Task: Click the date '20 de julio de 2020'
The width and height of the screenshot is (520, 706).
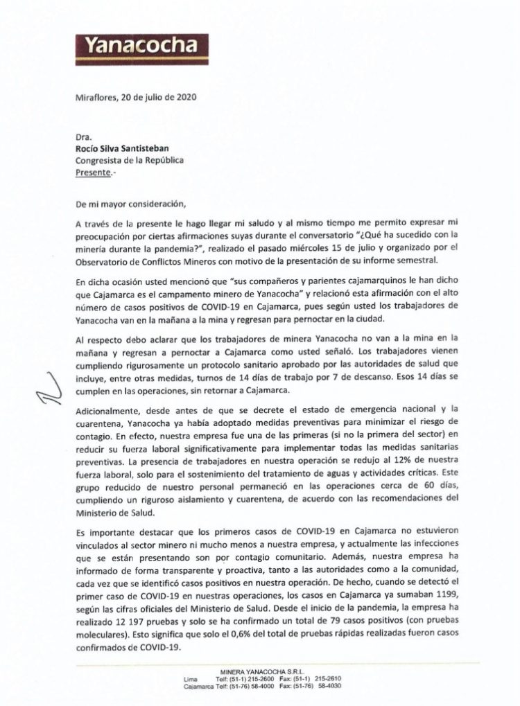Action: click(x=160, y=97)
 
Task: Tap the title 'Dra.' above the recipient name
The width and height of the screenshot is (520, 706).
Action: click(x=83, y=137)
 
